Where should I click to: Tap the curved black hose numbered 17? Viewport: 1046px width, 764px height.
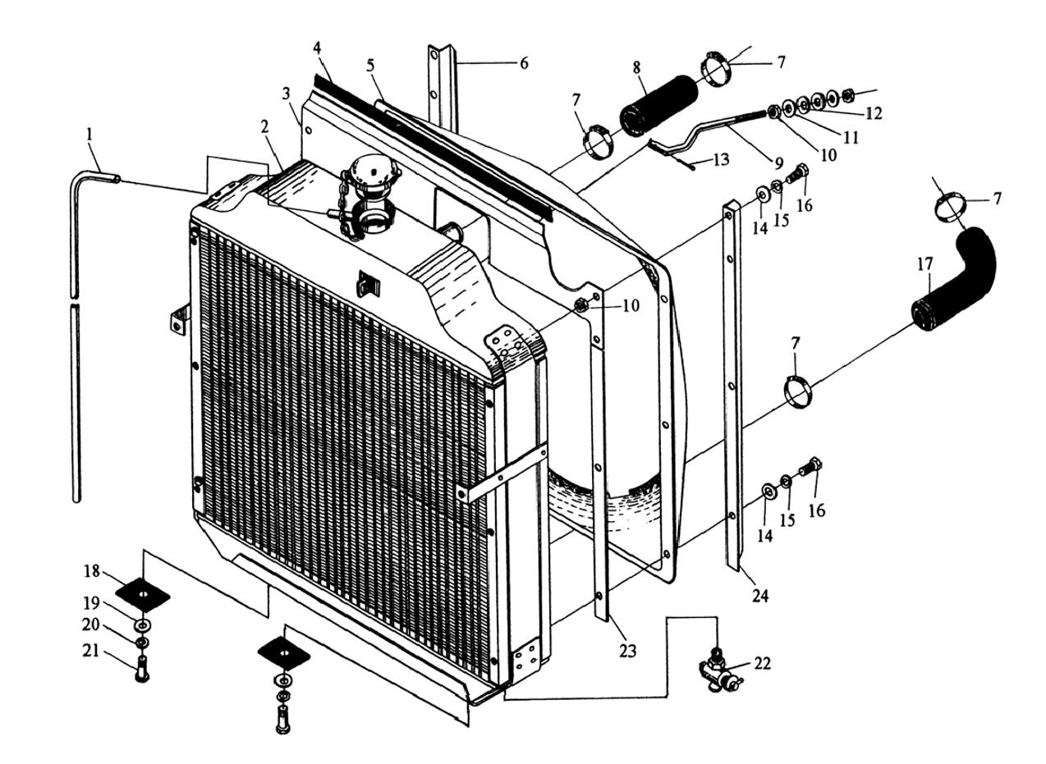click(957, 279)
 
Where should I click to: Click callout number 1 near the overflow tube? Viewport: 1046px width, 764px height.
click(89, 134)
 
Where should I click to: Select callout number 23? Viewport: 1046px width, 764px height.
click(628, 651)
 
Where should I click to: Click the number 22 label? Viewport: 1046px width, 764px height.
click(762, 663)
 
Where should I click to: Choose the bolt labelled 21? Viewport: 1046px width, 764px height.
click(141, 670)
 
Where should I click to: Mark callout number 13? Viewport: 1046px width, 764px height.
click(720, 160)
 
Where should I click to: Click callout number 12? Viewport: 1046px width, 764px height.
click(874, 114)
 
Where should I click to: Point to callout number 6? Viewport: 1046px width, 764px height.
click(523, 63)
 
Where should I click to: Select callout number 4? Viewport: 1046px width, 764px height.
click(317, 48)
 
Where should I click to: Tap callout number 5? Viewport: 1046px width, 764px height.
click(370, 64)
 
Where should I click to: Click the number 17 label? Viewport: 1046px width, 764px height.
click(924, 265)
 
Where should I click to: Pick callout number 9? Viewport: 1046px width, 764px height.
click(778, 162)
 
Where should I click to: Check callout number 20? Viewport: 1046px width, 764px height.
click(90, 625)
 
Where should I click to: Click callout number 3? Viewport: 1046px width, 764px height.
click(286, 94)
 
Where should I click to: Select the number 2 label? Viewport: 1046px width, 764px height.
click(264, 126)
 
